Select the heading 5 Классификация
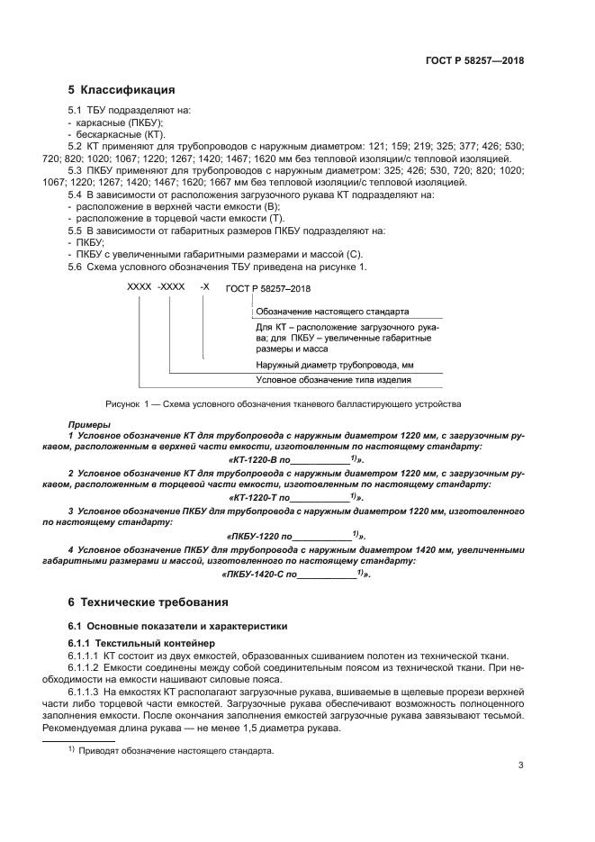coord(122,90)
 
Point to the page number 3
coord(521,766)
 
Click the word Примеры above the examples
coord(90,424)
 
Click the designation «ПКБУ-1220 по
coord(266,535)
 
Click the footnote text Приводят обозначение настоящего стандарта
coord(176,750)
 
